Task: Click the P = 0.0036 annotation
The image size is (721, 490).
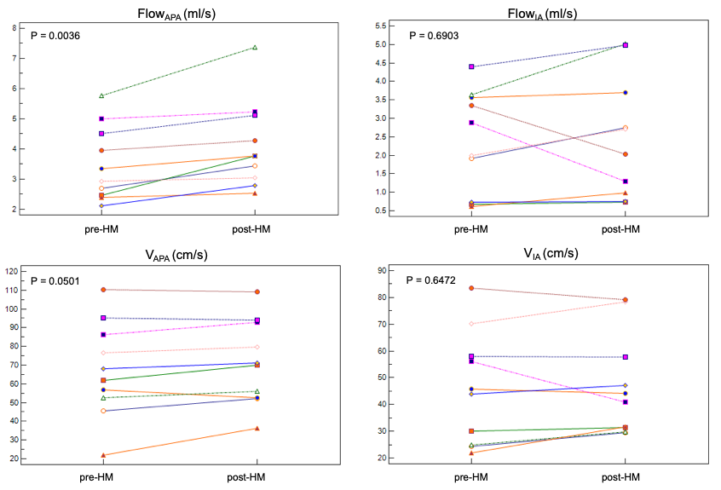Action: (x=55, y=36)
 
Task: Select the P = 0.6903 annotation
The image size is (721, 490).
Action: (x=435, y=36)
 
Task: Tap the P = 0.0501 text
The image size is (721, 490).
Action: (x=55, y=280)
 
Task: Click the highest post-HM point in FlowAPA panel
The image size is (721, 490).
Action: (x=255, y=48)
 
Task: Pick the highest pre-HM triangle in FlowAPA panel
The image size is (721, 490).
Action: (x=102, y=95)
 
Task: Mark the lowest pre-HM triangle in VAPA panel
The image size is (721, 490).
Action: (x=103, y=455)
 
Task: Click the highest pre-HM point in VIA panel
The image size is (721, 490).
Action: (x=472, y=288)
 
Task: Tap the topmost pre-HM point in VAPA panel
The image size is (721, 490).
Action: (x=103, y=290)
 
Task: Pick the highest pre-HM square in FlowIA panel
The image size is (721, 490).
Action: (x=472, y=66)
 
